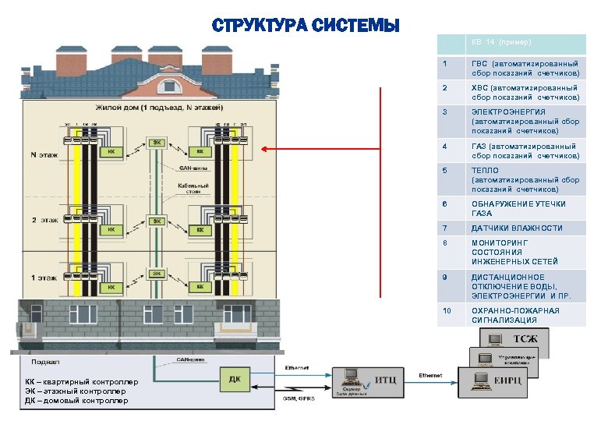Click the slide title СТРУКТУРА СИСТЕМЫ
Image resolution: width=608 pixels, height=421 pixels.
pos(306,26)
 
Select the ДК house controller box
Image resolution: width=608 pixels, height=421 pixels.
pos(233,380)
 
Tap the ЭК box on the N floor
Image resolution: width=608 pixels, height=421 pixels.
pos(157,142)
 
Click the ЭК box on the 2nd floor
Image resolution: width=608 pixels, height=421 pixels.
pos(157,221)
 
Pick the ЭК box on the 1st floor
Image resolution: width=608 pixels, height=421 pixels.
pos(157,274)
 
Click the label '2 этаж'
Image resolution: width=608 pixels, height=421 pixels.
pos(45,221)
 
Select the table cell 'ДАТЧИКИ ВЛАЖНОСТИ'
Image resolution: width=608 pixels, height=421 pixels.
pos(516,228)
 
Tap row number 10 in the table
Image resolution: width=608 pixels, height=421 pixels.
pos(447,311)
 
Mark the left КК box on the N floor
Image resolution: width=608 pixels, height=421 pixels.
pos(111,153)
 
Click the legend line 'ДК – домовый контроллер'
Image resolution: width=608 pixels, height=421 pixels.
pos(76,401)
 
